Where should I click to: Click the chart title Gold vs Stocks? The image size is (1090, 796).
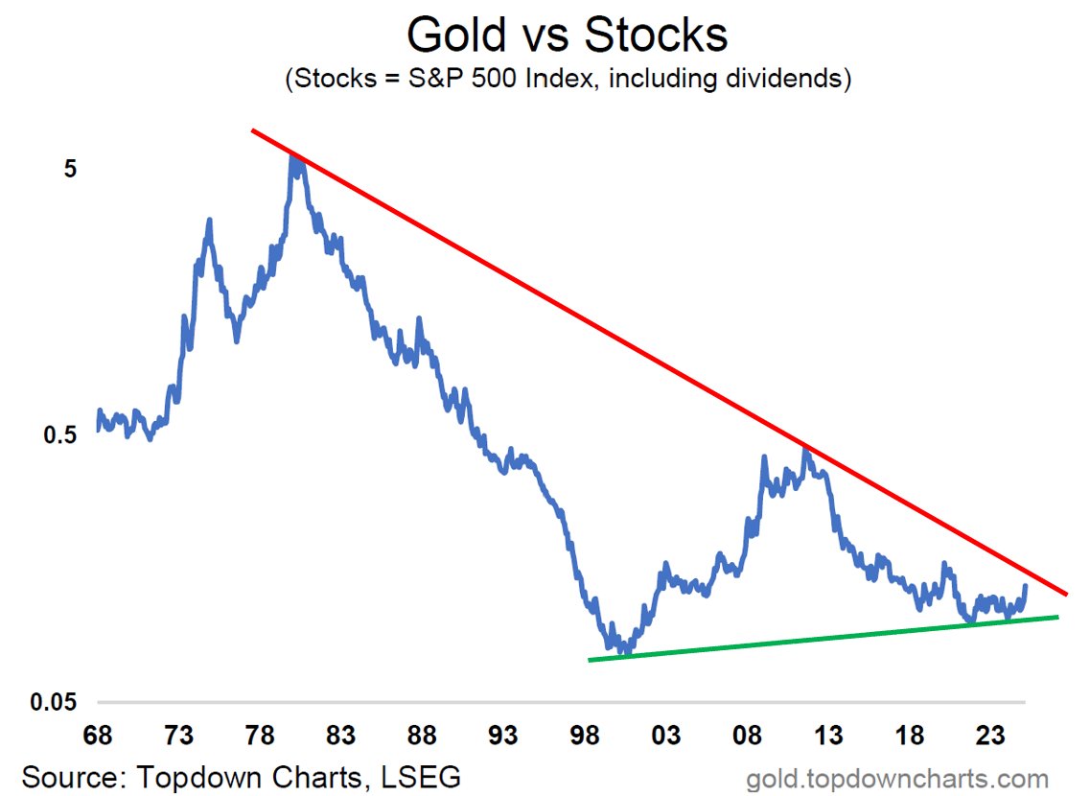coord(567,35)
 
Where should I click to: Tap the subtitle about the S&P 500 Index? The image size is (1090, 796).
coord(568,78)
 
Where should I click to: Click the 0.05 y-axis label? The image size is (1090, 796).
coord(57,702)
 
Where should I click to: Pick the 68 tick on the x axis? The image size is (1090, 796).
coord(98,736)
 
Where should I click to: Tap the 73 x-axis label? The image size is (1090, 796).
coord(179,736)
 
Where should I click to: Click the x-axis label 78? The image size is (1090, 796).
coord(260,736)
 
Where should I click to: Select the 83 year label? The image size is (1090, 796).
coord(341,736)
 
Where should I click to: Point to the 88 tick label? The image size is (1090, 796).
coord(423,736)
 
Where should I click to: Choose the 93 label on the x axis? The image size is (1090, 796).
coord(503,736)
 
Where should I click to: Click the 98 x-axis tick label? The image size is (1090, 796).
coord(585,736)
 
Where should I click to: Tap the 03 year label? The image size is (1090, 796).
coord(666,736)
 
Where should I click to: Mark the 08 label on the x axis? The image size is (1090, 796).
coord(747,736)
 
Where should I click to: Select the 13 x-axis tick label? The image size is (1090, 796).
coord(828,736)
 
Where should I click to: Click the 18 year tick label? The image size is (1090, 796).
coord(910,736)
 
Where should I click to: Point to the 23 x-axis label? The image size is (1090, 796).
coord(990,736)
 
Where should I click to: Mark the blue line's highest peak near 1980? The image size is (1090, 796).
coord(293,155)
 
